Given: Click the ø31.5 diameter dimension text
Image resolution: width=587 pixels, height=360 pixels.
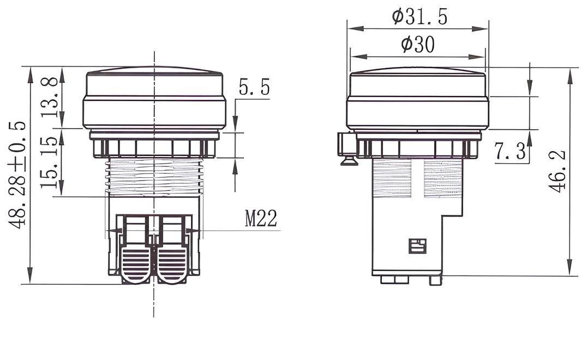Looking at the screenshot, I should (x=420, y=17).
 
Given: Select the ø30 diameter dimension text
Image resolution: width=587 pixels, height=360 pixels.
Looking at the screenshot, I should (x=418, y=45).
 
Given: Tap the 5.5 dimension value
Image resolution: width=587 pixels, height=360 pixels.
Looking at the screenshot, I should (x=254, y=87).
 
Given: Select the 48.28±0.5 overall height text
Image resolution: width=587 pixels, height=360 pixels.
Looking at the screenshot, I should (x=17, y=175).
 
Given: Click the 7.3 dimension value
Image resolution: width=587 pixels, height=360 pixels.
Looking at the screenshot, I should (x=510, y=152).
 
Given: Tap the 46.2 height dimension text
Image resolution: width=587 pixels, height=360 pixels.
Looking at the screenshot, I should (x=557, y=171).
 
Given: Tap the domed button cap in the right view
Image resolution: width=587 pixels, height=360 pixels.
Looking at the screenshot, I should (x=417, y=98).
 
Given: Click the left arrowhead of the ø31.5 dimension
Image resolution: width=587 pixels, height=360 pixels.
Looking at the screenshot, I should (x=352, y=28).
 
